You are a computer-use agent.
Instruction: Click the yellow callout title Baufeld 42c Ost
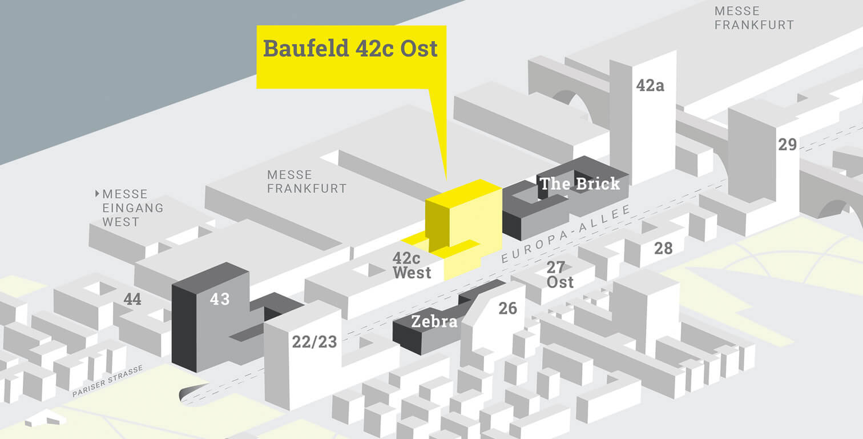click(x=350, y=49)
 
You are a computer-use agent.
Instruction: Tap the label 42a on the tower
click(x=650, y=86)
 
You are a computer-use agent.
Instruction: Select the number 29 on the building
click(x=787, y=145)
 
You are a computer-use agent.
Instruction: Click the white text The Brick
click(x=579, y=184)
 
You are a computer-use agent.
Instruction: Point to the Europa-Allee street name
click(x=566, y=234)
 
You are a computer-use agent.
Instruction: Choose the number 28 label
click(x=663, y=248)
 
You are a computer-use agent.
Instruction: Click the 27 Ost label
click(x=559, y=274)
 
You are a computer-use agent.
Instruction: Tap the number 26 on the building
click(x=507, y=309)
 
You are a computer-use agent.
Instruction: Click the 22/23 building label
click(x=314, y=342)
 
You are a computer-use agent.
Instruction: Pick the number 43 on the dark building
click(x=220, y=298)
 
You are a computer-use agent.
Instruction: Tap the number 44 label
click(x=132, y=299)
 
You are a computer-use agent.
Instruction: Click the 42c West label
click(x=412, y=265)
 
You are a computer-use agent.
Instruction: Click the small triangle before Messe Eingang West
click(x=98, y=194)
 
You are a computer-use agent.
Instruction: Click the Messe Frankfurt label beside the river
click(x=753, y=18)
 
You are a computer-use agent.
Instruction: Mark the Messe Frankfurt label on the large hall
click(x=307, y=181)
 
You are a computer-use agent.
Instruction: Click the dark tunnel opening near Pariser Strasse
click(x=188, y=395)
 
